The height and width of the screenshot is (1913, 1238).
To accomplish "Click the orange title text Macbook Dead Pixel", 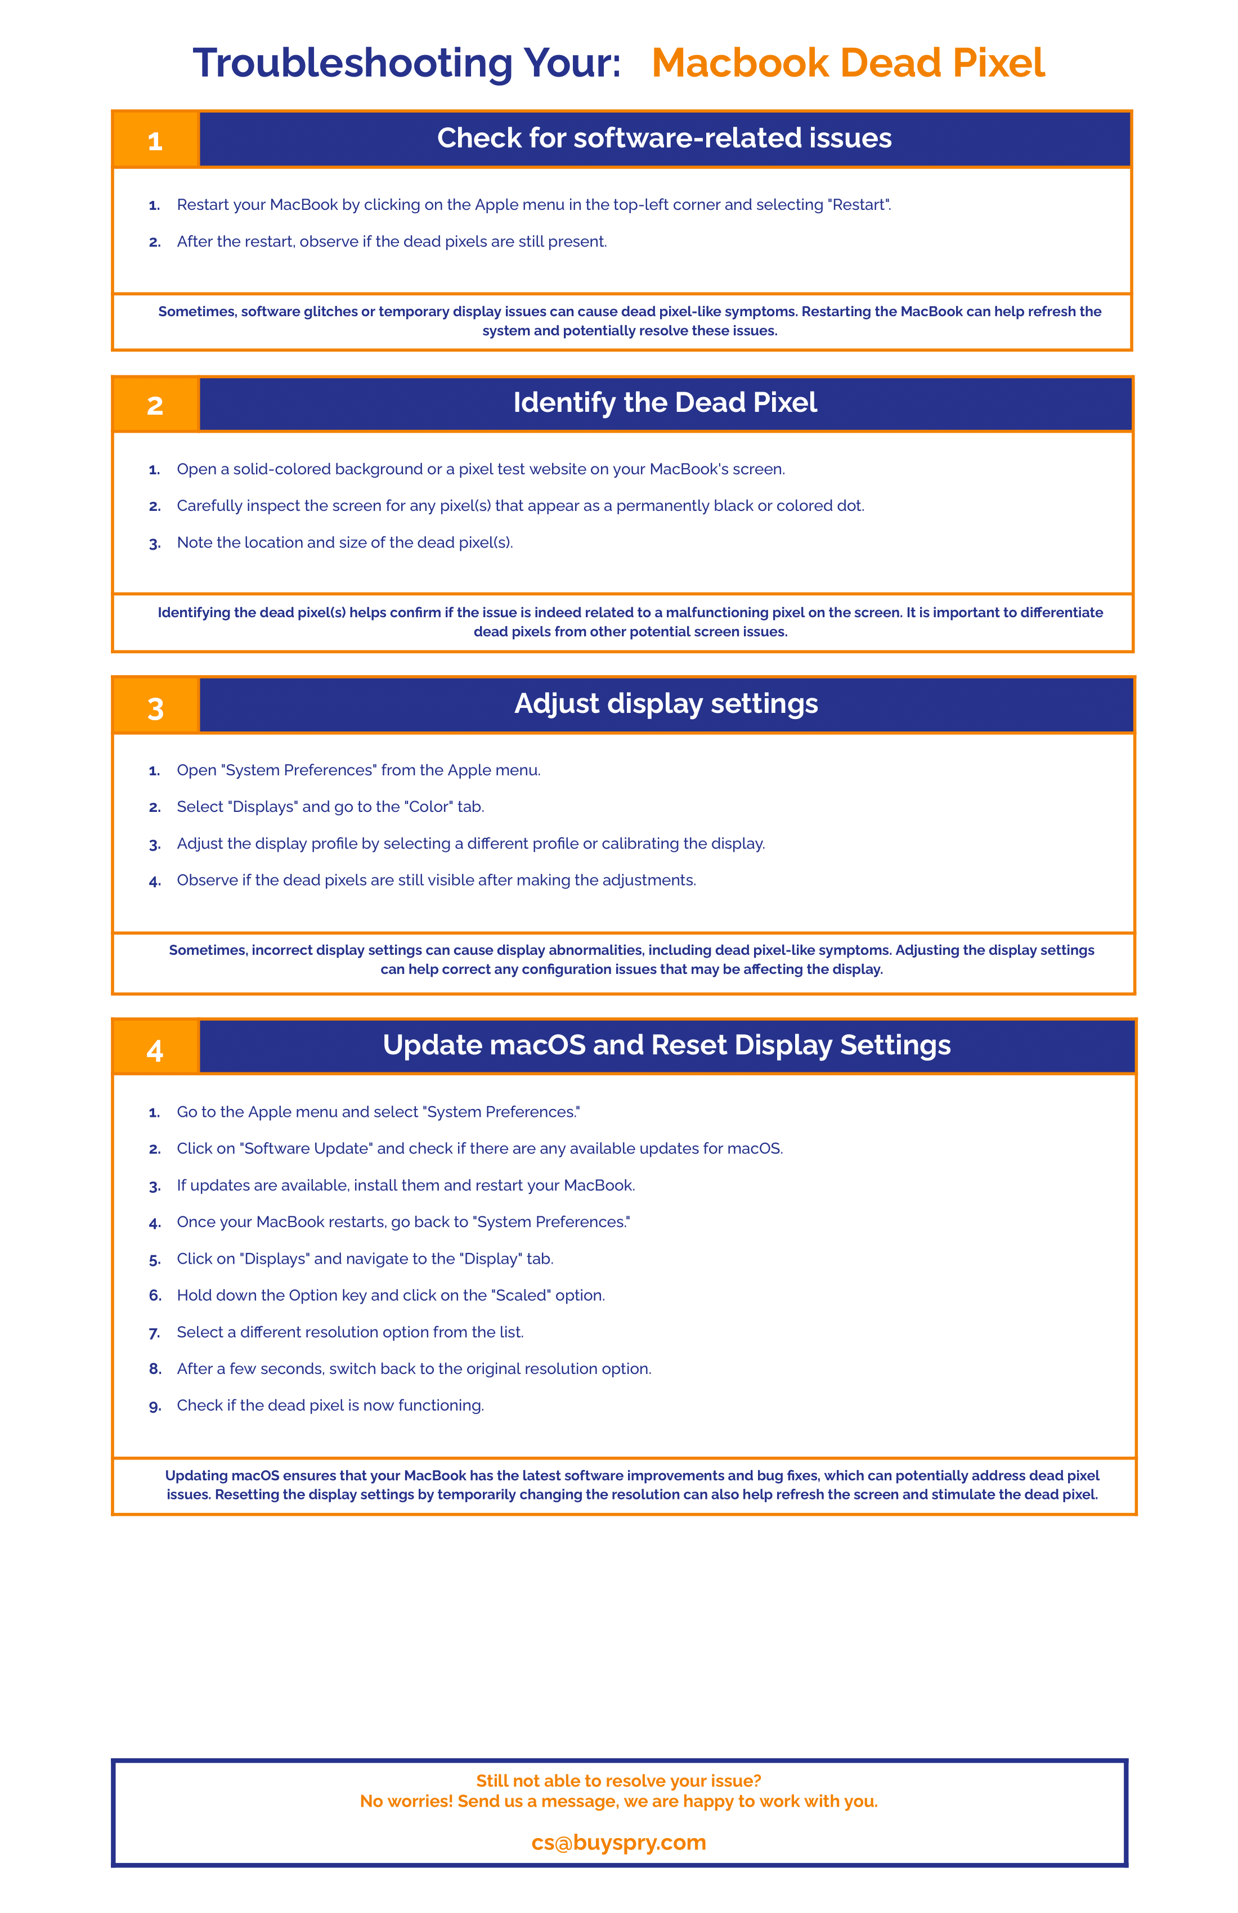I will pos(847,62).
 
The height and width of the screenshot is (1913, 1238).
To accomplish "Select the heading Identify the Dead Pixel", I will pos(665,402).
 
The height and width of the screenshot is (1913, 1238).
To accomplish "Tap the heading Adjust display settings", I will pos(666,703).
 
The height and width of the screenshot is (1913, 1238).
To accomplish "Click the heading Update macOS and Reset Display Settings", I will pos(666,1044).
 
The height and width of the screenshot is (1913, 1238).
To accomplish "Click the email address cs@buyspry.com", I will pos(618,1842).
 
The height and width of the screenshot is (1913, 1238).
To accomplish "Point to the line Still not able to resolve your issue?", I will pos(618,1780).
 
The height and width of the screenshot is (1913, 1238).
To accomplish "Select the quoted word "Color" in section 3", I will pos(428,807).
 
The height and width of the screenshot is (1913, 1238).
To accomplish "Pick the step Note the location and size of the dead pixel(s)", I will pos(345,542).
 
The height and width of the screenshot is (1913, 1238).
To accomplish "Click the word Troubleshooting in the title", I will pos(352,62).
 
